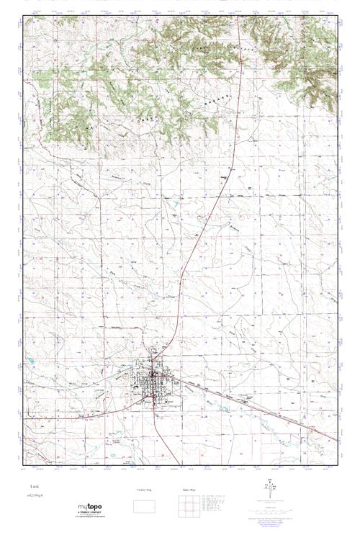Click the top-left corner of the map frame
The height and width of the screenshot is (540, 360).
(24, 17)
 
